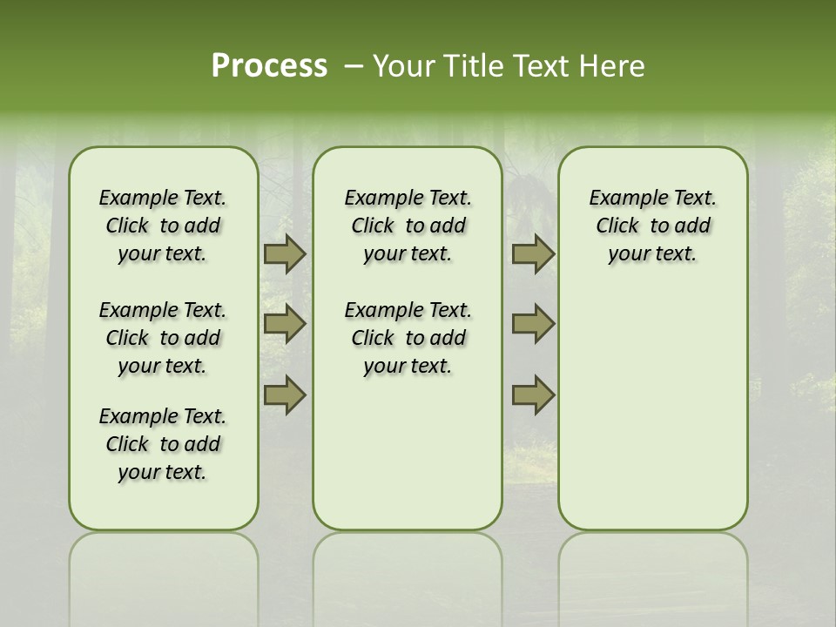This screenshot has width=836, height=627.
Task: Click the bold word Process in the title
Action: point(269,66)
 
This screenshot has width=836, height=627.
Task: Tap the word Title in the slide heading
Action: point(469,66)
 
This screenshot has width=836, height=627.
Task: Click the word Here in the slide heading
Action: point(612,66)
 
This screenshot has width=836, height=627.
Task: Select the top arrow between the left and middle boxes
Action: point(284,253)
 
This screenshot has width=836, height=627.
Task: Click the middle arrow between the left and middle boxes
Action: point(284,324)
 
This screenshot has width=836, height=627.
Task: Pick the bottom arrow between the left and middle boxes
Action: point(284,394)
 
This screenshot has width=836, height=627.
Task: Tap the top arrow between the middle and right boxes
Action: point(533,253)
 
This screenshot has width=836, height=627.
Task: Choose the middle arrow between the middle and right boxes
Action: point(533,324)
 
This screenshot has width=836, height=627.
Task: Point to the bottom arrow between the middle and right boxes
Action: point(533,394)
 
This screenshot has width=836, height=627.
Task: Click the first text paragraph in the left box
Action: point(163,226)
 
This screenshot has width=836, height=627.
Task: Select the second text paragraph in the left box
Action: point(163,338)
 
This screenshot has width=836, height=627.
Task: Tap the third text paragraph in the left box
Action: point(163,444)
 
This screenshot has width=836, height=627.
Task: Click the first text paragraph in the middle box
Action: point(408,226)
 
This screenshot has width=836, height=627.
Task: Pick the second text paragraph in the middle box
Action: point(408,338)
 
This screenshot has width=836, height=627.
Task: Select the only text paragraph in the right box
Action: point(652,226)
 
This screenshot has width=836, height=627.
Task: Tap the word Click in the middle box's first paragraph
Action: point(373,226)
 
